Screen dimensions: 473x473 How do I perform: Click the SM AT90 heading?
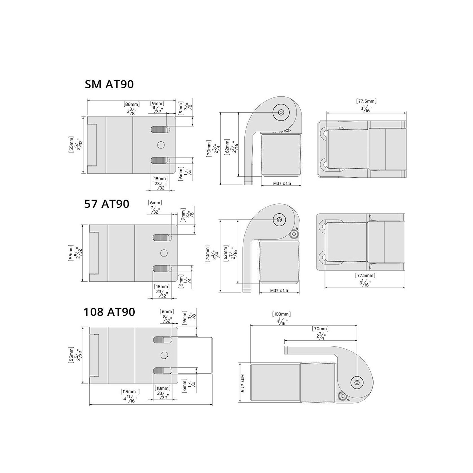tap(109, 84)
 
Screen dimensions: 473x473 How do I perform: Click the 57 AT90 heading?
tap(107, 204)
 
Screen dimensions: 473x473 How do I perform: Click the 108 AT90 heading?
tap(109, 312)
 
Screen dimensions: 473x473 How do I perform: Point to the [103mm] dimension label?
tap(281, 314)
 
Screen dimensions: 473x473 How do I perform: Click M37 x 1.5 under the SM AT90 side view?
tap(282, 183)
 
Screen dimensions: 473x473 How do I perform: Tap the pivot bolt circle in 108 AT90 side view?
tap(357, 382)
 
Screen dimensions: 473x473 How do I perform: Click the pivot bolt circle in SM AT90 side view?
tap(281, 112)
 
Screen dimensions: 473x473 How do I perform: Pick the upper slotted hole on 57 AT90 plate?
tap(162, 237)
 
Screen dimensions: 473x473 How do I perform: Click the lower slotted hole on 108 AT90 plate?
tap(162, 371)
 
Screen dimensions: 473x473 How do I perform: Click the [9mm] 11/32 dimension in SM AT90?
tap(157, 104)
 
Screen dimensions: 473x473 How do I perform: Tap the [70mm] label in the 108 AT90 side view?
tap(320, 329)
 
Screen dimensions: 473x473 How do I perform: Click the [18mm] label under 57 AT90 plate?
tap(162, 286)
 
